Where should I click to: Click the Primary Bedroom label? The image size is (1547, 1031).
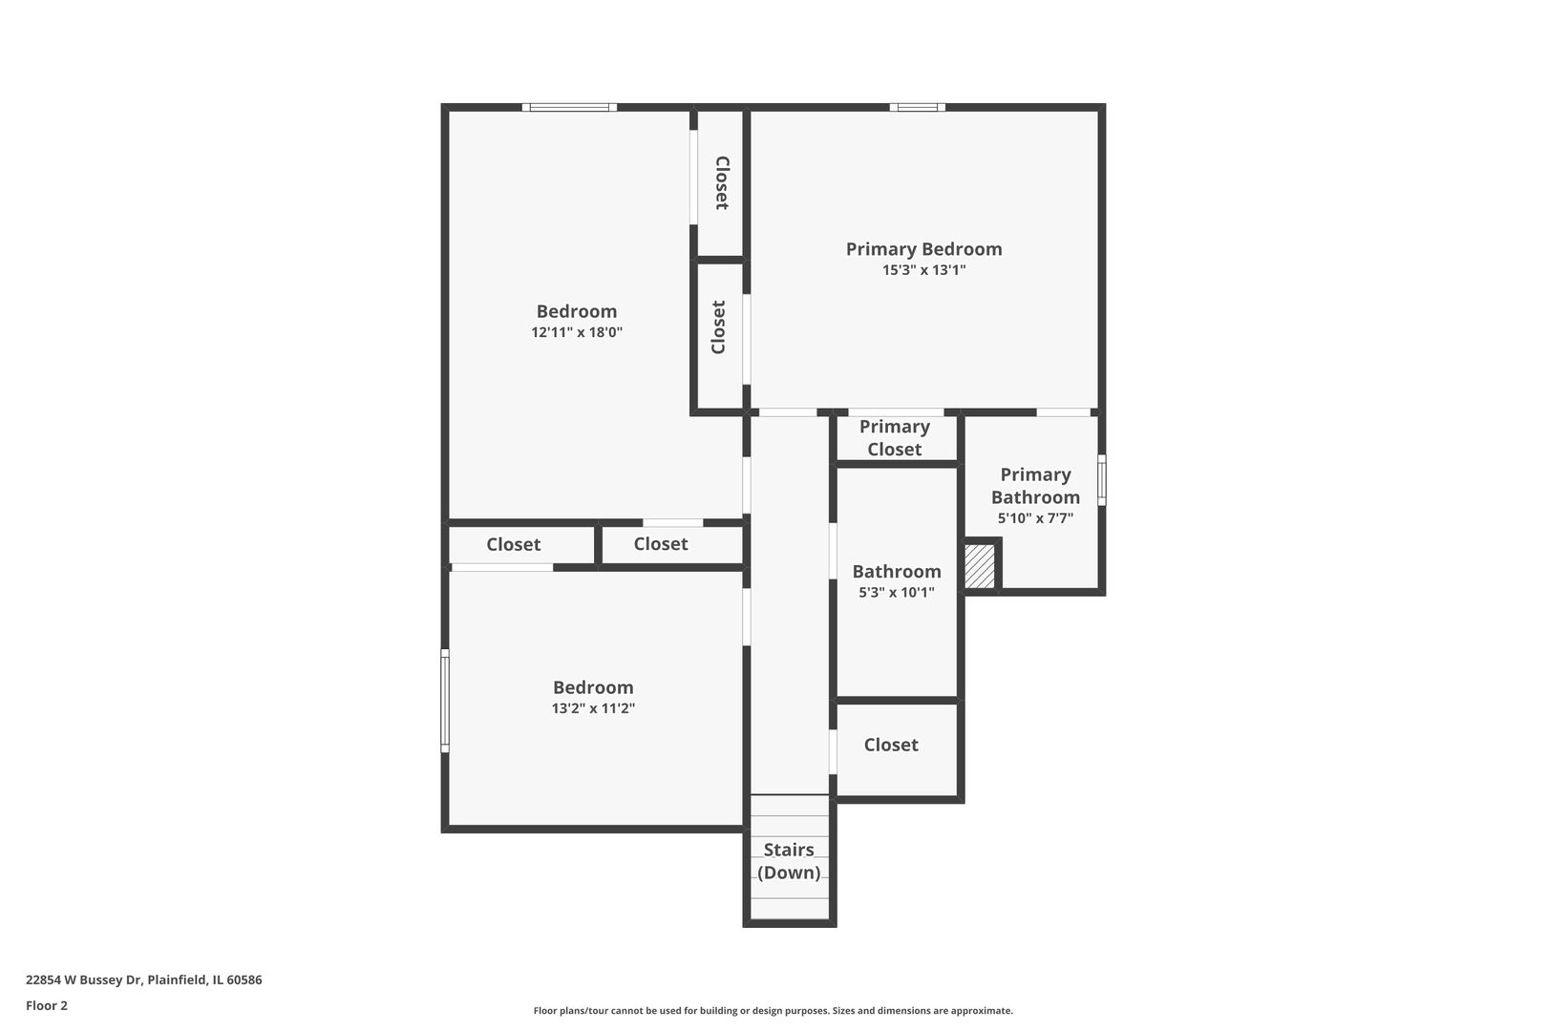tap(923, 248)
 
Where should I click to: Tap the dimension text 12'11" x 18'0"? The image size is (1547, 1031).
tap(577, 332)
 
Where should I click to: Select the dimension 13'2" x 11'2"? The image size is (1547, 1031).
tap(593, 707)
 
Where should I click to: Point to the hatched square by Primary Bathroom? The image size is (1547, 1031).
tap(980, 566)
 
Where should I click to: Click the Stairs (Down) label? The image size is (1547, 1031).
tap(789, 860)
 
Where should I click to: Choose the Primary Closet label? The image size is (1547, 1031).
tap(895, 438)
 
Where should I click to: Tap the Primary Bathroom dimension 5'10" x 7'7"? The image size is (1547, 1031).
tap(1035, 518)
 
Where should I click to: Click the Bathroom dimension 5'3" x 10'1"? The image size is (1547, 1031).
tap(897, 592)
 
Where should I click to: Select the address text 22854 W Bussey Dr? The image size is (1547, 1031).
tap(84, 979)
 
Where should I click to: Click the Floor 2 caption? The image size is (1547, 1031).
tap(47, 1005)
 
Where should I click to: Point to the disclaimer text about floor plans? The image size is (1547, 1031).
tap(773, 1010)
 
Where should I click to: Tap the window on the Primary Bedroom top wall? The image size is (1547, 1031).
tap(917, 107)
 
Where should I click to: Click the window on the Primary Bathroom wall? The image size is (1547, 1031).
tap(1102, 480)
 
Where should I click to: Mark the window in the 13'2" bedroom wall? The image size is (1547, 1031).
tap(445, 701)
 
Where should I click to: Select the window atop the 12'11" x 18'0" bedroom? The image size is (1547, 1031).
tap(569, 107)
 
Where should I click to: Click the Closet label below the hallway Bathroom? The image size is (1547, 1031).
tap(891, 745)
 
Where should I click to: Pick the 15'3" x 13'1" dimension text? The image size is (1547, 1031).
tap(923, 270)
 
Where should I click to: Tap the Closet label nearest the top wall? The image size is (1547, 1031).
tap(722, 183)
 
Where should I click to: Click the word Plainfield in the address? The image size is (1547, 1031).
tap(176, 979)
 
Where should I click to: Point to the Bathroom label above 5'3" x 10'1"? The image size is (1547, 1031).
tap(897, 571)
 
